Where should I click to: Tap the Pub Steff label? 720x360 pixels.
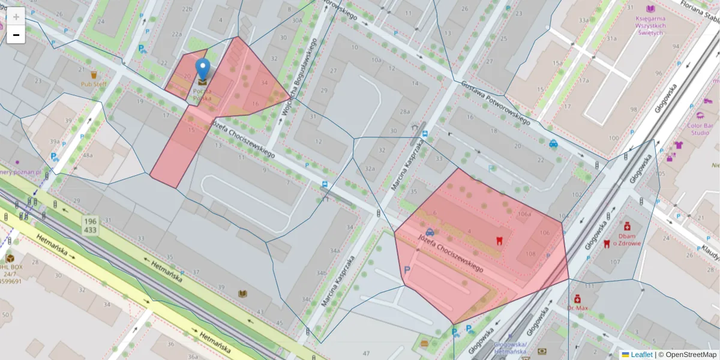pyautogui.click(x=94, y=84)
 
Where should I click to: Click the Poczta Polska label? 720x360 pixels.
pyautogui.click(x=202, y=94)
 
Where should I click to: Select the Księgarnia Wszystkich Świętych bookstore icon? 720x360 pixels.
pyautogui.click(x=651, y=9)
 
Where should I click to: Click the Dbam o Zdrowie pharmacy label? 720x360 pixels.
pyautogui.click(x=627, y=239)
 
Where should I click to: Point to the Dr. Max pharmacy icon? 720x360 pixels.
pyautogui.click(x=577, y=298)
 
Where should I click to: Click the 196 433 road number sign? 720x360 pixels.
pyautogui.click(x=91, y=226)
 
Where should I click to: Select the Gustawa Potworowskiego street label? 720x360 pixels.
pyautogui.click(x=496, y=102)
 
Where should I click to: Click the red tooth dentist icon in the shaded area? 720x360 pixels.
pyautogui.click(x=497, y=241)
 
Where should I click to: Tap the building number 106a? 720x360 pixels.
pyautogui.click(x=524, y=214)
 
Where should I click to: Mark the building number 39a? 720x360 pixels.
pyautogui.click(x=55, y=141)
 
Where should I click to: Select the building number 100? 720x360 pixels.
pyautogui.click(x=613, y=138)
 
